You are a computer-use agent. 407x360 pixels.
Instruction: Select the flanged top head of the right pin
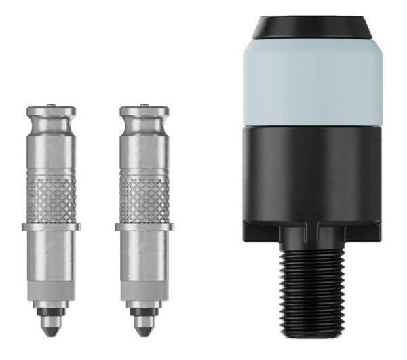point(144,113)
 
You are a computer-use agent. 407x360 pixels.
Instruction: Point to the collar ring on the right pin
point(144,226)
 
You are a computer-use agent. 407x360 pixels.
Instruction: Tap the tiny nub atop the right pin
point(144,104)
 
